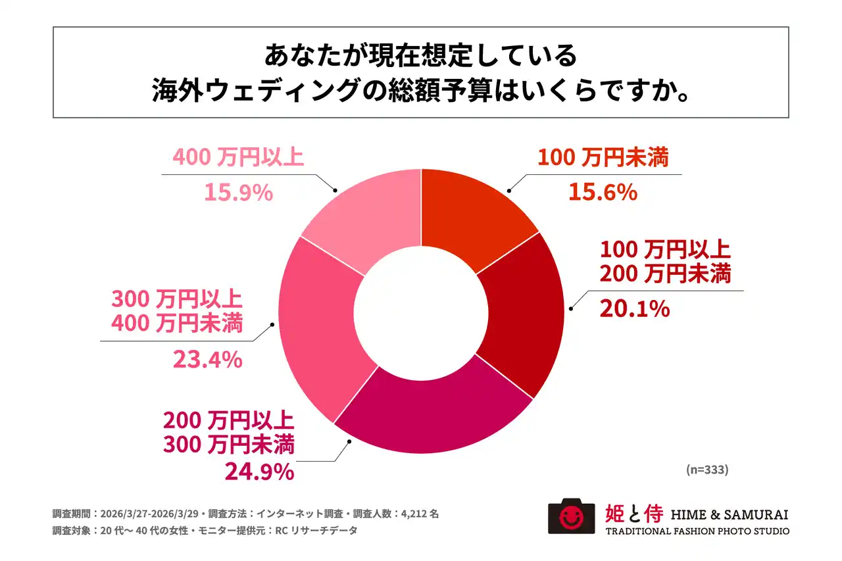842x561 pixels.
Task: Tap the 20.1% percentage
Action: click(x=634, y=307)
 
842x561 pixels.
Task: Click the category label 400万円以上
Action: click(x=237, y=158)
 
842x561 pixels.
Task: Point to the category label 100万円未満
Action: click(x=603, y=158)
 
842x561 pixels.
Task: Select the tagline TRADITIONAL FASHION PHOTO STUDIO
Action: click(x=697, y=531)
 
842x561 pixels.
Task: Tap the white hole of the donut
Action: click(x=421, y=311)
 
